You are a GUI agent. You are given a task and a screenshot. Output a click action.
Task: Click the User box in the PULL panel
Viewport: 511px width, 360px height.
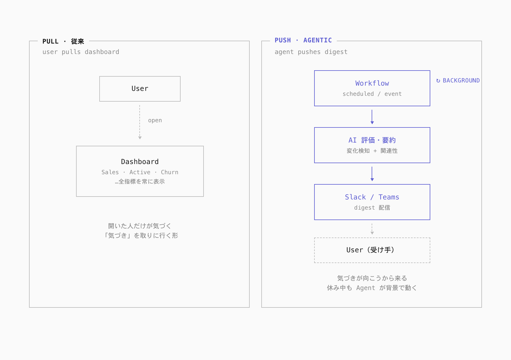[140, 89]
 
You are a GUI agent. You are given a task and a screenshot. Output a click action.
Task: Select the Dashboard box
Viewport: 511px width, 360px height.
[140, 171]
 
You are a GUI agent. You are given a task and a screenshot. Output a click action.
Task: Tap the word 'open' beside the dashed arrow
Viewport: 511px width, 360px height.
[155, 120]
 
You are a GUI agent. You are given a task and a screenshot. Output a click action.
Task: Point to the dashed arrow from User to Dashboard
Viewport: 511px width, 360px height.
[140, 122]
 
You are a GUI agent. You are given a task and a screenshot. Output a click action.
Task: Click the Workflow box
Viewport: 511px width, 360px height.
[372, 88]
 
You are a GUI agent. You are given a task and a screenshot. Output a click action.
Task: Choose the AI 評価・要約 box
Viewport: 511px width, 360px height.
[372, 145]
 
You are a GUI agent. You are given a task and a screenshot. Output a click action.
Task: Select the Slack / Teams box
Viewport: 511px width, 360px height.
[372, 202]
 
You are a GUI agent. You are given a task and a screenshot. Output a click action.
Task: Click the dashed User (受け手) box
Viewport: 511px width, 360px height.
[372, 250]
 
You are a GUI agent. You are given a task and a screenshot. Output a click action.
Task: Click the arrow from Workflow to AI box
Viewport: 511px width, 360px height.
[372, 117]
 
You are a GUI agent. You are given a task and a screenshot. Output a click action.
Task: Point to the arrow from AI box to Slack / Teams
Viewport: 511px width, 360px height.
[372, 174]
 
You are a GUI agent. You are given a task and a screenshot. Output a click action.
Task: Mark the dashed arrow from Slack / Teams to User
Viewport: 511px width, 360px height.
[372, 229]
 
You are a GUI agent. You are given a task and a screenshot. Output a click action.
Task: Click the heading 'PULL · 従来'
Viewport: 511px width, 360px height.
[63, 42]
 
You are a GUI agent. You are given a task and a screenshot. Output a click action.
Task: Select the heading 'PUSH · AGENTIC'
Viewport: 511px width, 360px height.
[303, 40]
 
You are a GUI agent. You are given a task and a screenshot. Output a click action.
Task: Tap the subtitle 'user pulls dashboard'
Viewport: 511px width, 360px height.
[81, 52]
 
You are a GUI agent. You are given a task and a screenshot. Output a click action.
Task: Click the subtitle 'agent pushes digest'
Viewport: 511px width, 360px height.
[311, 52]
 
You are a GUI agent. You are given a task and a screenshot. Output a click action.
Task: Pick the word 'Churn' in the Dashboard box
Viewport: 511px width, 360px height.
[170, 172]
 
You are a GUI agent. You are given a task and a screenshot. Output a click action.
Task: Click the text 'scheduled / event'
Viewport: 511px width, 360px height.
[372, 94]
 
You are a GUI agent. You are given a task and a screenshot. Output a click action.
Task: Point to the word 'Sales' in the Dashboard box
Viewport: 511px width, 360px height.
[110, 172]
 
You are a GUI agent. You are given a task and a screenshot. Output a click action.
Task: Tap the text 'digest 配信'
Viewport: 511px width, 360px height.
[372, 208]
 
